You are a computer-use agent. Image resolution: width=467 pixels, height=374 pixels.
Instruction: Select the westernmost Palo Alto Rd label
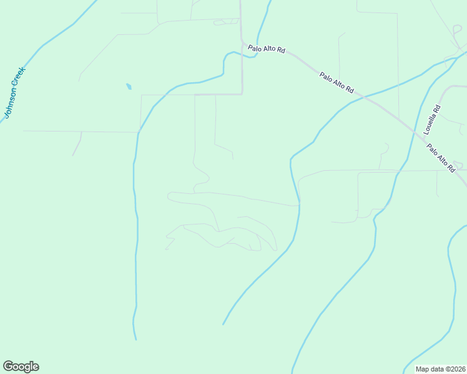coord(266,49)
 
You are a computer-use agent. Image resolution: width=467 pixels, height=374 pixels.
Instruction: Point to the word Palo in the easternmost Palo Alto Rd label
coord(435,151)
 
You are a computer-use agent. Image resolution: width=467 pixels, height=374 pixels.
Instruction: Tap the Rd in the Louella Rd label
coord(437,108)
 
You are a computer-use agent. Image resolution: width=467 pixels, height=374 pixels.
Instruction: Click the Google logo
coord(21,367)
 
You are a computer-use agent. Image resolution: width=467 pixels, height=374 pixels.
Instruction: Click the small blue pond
coord(129,87)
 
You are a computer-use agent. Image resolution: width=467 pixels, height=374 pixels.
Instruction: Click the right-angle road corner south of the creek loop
coord(242,94)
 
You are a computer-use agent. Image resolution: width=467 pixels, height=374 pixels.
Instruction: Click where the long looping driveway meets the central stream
coord(300,204)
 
